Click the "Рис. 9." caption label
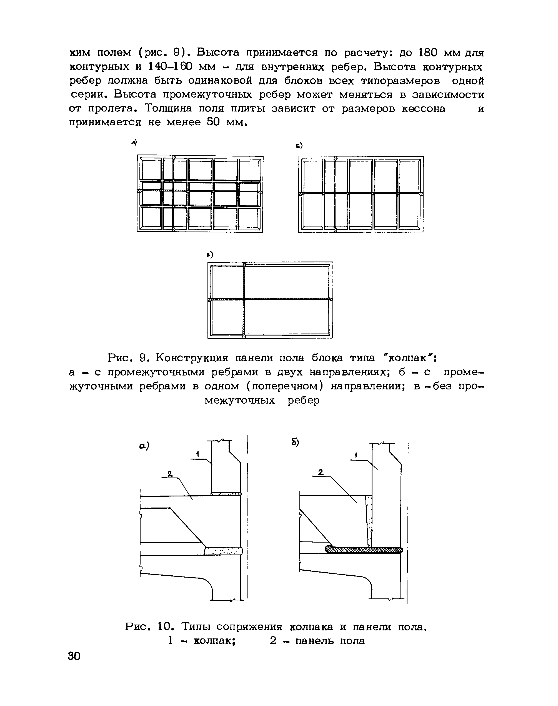(x=128, y=358)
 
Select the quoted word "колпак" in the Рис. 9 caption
(x=410, y=358)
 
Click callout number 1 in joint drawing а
(x=198, y=454)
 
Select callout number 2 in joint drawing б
(x=321, y=472)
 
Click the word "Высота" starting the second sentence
(x=218, y=52)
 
